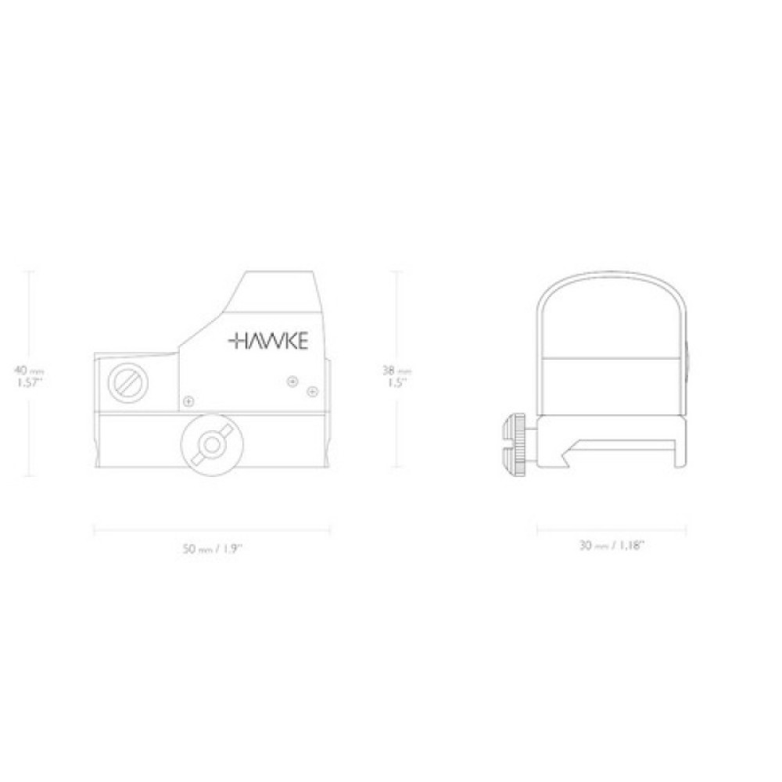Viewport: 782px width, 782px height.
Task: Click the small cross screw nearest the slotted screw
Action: click(188, 401)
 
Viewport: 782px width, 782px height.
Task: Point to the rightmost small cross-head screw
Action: click(312, 390)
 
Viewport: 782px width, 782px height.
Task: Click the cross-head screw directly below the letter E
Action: click(292, 381)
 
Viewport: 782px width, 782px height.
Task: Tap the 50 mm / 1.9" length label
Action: click(212, 549)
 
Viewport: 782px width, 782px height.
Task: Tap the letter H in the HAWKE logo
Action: click(239, 340)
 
